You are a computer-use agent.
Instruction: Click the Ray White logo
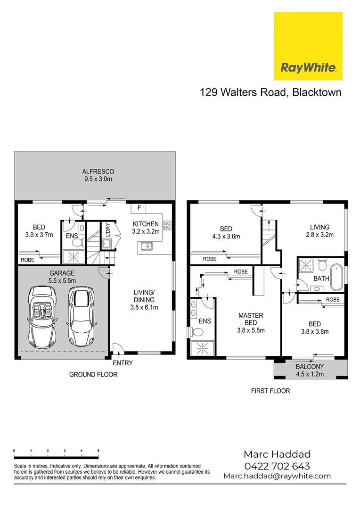[308, 46]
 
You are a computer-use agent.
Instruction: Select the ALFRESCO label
[98, 175]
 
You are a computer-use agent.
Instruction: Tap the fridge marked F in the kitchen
[139, 208]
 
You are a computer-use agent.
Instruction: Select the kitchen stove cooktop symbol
[167, 224]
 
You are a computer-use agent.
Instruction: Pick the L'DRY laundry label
[107, 230]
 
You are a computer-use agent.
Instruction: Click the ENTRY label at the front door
[123, 363]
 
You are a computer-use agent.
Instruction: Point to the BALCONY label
[310, 367]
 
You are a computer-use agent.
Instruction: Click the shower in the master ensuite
[202, 349]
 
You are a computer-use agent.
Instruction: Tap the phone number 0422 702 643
[277, 466]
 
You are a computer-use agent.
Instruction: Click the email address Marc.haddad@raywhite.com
[277, 476]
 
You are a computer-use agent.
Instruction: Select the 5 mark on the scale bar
[98, 451]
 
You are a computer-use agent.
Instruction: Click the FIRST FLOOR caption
[270, 391]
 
